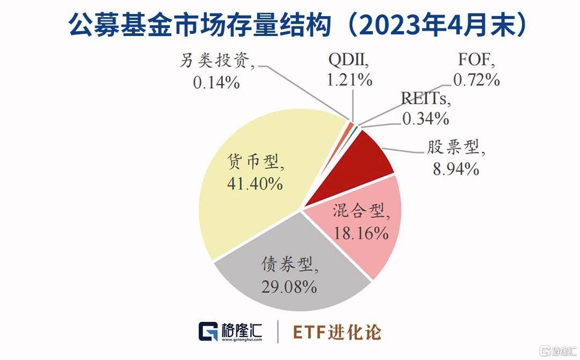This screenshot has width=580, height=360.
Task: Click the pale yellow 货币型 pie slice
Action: (242, 210)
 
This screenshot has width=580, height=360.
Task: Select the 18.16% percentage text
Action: (361, 233)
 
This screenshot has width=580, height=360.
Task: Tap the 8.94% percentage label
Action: (455, 169)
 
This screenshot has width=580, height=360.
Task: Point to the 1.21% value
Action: (350, 80)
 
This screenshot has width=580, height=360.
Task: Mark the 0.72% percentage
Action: (476, 80)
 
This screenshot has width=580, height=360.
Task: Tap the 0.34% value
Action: (425, 118)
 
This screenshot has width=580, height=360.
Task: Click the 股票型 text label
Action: (456, 148)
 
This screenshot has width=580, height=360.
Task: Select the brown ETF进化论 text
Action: (337, 332)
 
